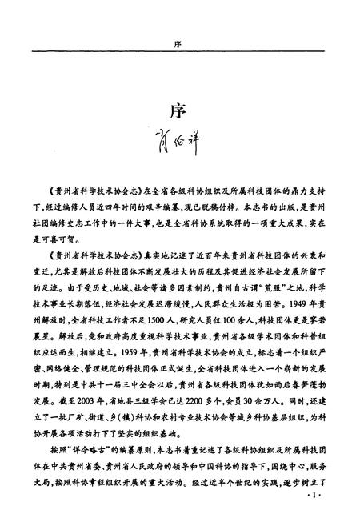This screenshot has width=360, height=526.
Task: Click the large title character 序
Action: [179, 110]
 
